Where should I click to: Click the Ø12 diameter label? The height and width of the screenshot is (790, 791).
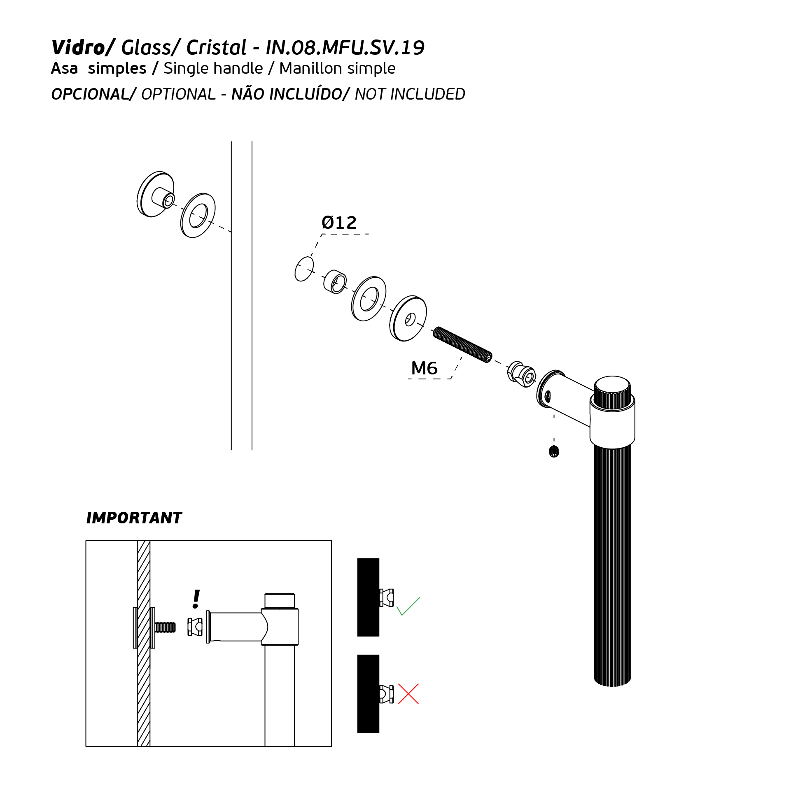(339, 223)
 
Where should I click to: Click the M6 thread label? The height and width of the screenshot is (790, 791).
(424, 368)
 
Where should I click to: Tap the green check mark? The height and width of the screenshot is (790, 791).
(408, 606)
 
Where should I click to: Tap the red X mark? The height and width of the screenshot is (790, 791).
(408, 694)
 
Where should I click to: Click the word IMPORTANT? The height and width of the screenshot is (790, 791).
(134, 518)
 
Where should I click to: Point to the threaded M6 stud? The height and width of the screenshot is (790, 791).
(462, 344)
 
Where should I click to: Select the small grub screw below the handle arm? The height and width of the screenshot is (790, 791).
(554, 451)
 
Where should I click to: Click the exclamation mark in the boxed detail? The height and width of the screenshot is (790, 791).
(196, 599)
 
